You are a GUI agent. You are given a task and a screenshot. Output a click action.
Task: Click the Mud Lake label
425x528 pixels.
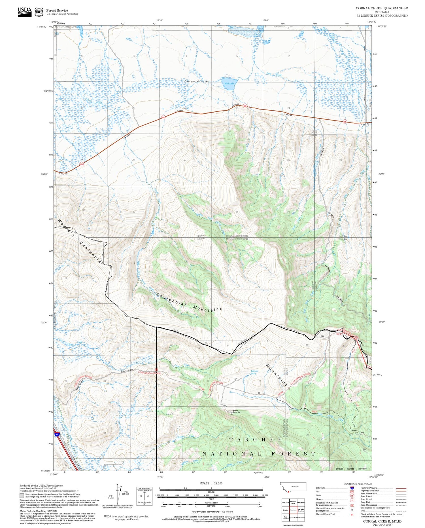(x=229, y=84)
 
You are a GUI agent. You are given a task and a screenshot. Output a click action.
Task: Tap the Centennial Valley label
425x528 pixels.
(x=197, y=82)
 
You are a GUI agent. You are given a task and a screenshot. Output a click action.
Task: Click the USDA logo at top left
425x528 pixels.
(x=25, y=12)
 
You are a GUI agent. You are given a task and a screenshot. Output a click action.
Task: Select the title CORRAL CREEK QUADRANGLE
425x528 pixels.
(x=382, y=8)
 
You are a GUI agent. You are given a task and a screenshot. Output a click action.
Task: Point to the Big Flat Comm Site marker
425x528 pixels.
(x=232, y=413)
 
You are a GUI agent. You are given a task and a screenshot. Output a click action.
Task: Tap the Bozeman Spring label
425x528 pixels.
(x=254, y=372)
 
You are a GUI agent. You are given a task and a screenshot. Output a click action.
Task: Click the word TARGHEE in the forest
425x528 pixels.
(x=256, y=440)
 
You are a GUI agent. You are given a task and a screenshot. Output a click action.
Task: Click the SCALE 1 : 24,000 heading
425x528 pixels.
(x=211, y=483)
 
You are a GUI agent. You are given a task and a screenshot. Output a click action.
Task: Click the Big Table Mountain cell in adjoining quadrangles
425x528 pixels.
(x=301, y=510)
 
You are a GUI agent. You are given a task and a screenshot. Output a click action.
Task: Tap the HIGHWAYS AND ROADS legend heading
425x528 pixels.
(x=358, y=483)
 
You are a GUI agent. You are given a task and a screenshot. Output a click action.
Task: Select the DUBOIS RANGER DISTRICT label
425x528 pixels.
(x=351, y=469)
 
